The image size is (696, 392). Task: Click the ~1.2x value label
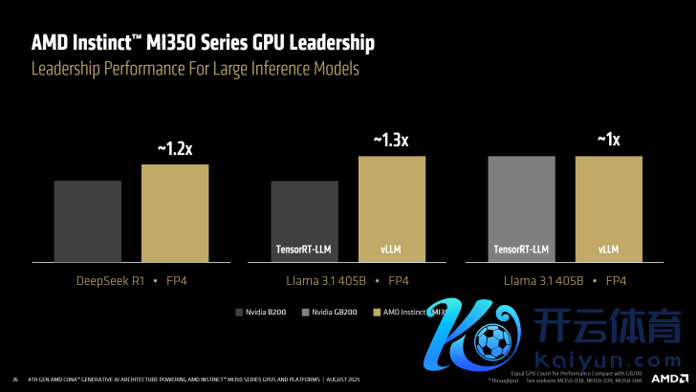(x=175, y=148)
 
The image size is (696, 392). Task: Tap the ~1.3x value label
(x=391, y=140)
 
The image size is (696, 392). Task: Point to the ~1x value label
(x=608, y=140)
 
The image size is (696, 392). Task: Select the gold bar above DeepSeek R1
(x=175, y=212)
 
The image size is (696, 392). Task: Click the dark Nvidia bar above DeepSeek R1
(x=88, y=220)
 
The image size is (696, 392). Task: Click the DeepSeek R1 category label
(x=110, y=280)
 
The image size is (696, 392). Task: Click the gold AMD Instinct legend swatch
(x=376, y=312)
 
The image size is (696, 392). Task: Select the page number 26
(x=14, y=378)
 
